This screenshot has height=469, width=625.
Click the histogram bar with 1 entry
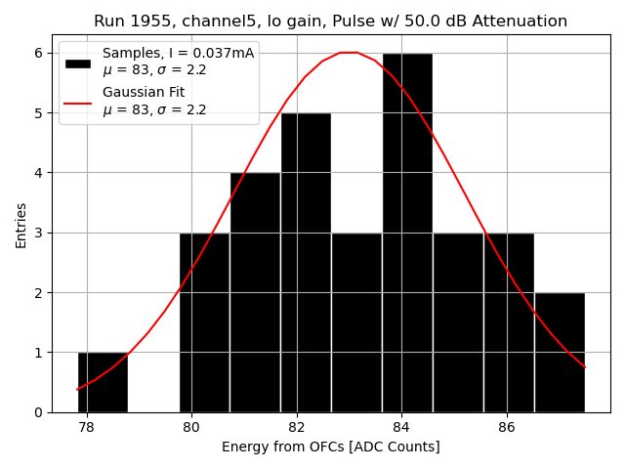pos(103,382)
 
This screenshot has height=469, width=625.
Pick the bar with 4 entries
pos(255,292)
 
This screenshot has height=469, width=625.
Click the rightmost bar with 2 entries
pos(560,352)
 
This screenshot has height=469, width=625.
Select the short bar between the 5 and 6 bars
pos(356,322)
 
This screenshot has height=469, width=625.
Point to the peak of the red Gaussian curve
pos(349,53)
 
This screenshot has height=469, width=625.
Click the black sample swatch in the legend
pos(78,63)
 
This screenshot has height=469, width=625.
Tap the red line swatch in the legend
pos(78,103)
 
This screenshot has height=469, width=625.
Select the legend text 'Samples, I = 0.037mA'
pos(178,54)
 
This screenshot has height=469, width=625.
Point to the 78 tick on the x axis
pos(87,427)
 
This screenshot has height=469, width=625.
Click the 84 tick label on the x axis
pos(401,427)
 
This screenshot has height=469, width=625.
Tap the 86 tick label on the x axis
pos(507,427)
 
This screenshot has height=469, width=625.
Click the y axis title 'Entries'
pos(21,225)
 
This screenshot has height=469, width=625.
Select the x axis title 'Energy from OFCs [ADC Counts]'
pos(331,448)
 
